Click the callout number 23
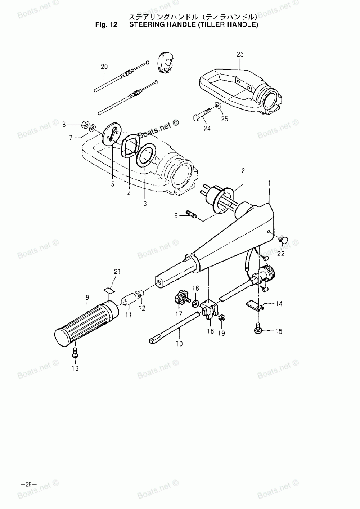[x=240, y=54]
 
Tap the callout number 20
[x=104, y=66]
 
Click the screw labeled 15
[x=258, y=329]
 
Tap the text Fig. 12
[x=107, y=25]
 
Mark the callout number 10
[x=179, y=344]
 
